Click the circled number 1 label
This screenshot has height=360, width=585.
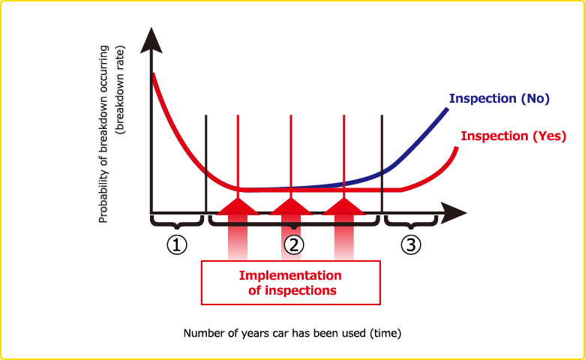(x=176, y=245)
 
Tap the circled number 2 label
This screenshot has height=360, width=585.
(x=294, y=245)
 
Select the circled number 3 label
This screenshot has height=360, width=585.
(x=409, y=245)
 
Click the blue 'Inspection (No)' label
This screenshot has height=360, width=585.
(x=499, y=98)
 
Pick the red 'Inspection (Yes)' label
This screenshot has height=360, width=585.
(x=513, y=136)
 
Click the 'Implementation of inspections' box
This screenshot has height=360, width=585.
(x=291, y=283)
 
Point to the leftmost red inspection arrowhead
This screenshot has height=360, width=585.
(x=238, y=206)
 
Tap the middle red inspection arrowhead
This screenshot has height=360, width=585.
(x=290, y=206)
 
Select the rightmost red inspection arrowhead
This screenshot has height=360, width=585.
(x=343, y=206)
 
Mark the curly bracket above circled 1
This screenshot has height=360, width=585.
(x=177, y=223)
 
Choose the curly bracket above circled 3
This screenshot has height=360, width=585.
(x=410, y=223)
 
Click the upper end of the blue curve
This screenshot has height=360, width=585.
(x=447, y=109)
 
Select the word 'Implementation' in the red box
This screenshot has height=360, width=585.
(x=289, y=275)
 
